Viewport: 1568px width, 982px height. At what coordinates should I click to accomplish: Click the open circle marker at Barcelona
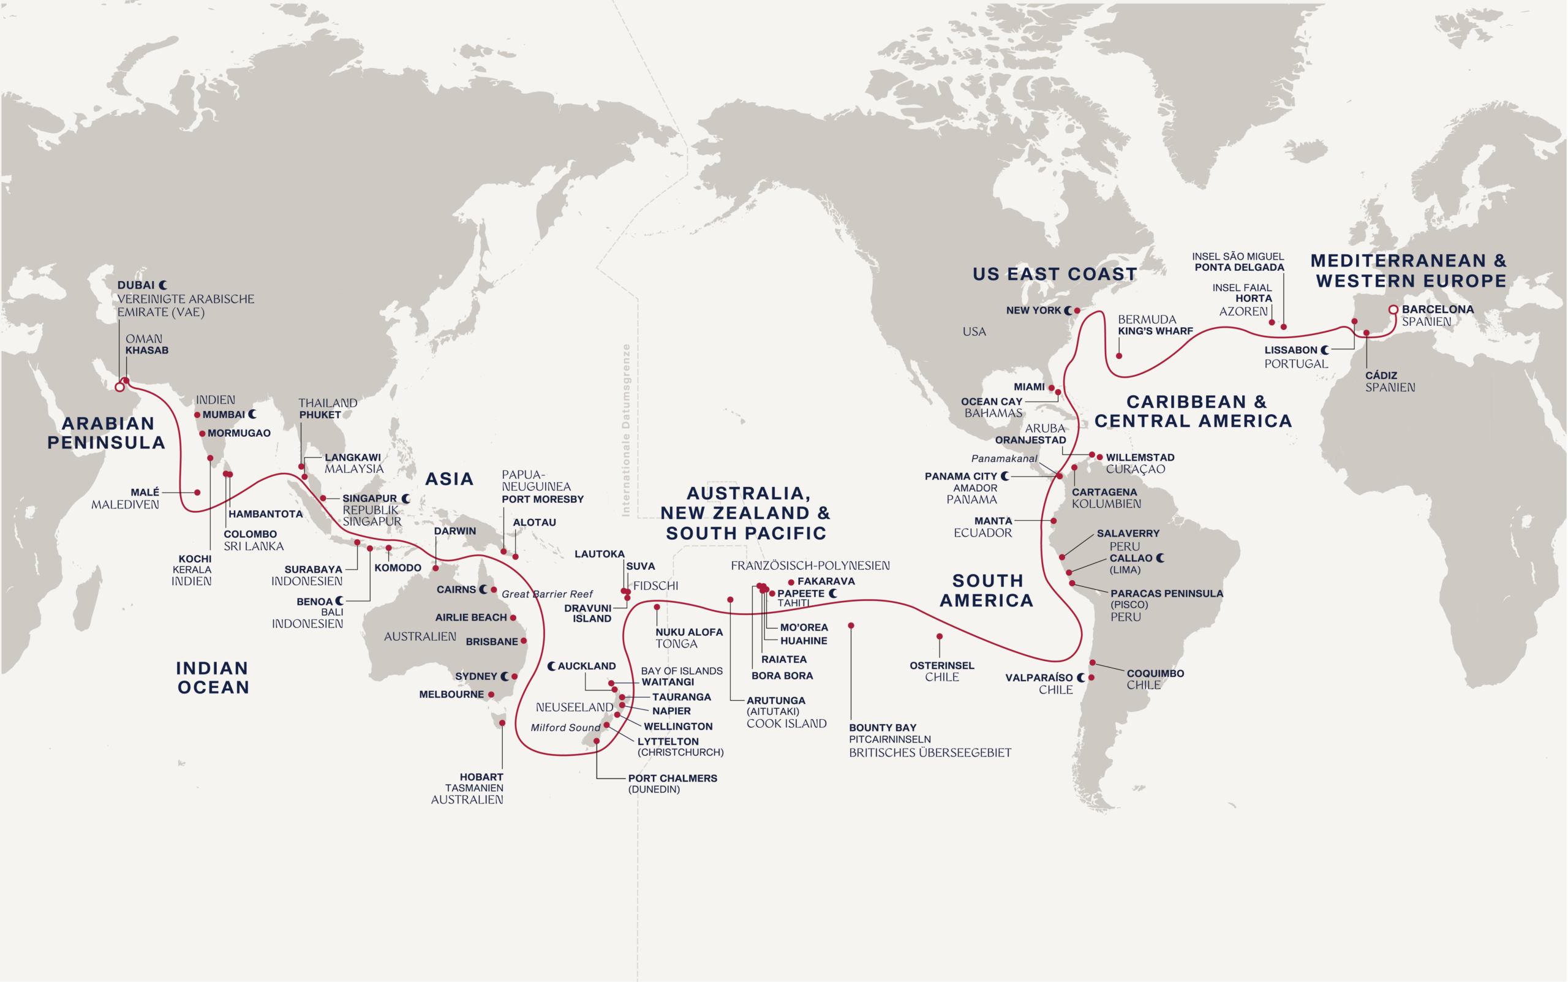pos(1393,310)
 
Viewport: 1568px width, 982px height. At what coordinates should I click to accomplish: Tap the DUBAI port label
pos(136,285)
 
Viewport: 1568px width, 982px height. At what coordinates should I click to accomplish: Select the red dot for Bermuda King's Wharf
pos(1118,356)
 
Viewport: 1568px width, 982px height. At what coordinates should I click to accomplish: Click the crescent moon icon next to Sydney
pos(505,677)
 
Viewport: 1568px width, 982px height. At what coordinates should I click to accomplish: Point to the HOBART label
pos(481,777)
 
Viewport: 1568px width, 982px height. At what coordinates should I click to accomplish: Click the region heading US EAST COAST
pos(1055,274)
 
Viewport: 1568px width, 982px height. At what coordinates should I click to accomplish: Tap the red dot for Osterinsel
pos(939,636)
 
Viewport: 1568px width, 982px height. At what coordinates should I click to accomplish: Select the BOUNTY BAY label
pos(883,727)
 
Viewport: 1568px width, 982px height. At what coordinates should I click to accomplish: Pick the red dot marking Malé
pos(197,493)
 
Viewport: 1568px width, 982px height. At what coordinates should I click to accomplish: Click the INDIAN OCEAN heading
pos(213,678)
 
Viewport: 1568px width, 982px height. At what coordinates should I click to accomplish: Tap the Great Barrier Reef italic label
pos(547,594)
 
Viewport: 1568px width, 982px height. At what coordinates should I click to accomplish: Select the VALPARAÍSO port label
pos(1039,678)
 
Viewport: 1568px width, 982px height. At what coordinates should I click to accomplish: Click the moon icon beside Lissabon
pos(1324,350)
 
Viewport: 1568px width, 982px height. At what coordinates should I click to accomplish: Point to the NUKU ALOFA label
pos(688,632)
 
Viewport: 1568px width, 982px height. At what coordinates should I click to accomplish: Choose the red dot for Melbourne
pos(491,695)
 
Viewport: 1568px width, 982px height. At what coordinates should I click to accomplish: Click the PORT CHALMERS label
pos(672,778)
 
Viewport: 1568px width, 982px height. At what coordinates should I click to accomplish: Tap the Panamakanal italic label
pos(1004,458)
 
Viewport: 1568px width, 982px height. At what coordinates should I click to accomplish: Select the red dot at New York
pos(1077,311)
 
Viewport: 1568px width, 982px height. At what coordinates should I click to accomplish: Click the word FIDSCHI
pos(655,586)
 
